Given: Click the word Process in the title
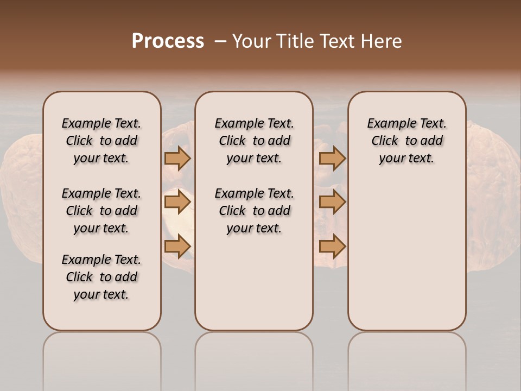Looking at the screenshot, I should [x=168, y=41].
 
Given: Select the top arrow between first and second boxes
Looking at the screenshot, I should [x=177, y=158].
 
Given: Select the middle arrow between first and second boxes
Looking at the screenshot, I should [x=177, y=203].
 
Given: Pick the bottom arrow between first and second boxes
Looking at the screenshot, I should [x=177, y=246].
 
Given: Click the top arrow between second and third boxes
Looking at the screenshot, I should [x=332, y=158].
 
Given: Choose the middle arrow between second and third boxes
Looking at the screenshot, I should [x=332, y=203].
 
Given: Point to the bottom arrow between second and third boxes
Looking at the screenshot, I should [x=332, y=246].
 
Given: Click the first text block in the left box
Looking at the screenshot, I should [x=101, y=141].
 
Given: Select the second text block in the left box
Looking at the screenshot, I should [x=101, y=211].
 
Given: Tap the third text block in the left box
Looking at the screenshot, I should [x=101, y=277].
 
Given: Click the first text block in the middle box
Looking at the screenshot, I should [x=254, y=141].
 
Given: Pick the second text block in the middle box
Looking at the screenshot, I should [x=254, y=211].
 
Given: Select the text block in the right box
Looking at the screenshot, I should [x=406, y=141].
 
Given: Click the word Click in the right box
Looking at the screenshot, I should [x=385, y=141].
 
